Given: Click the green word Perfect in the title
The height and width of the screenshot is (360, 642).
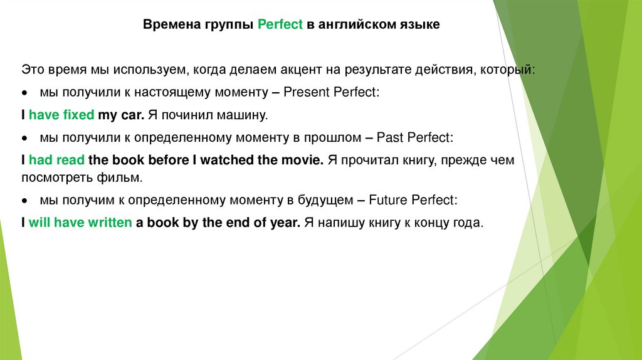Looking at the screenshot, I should (x=280, y=25).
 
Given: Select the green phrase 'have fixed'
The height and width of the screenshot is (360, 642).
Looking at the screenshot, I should (x=61, y=115).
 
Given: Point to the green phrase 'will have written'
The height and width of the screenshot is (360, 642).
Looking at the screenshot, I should (x=80, y=223).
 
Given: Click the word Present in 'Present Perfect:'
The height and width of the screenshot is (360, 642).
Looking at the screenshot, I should (x=305, y=92).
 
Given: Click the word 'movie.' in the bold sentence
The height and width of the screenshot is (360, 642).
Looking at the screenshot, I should (x=302, y=160).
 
